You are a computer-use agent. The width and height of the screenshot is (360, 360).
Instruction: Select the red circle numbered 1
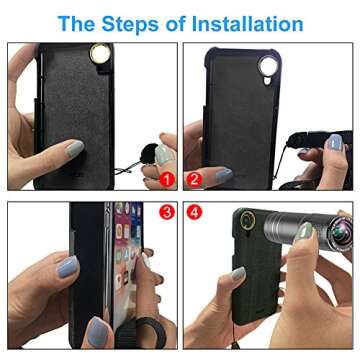[166, 181]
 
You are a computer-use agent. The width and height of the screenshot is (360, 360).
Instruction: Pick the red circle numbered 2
[194, 181]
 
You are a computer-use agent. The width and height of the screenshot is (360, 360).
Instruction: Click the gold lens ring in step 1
[101, 53]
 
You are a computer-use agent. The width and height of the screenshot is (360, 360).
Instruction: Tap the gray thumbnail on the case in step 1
[74, 149]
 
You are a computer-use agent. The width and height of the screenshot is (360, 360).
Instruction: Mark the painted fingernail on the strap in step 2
[334, 143]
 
